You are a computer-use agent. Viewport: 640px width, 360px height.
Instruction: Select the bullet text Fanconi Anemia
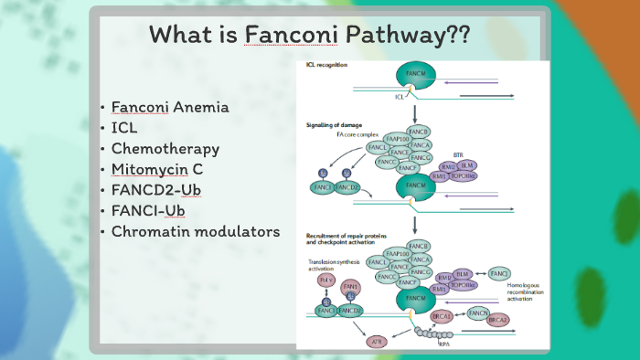tap(170, 107)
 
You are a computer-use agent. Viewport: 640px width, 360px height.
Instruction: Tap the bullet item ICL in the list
tap(124, 128)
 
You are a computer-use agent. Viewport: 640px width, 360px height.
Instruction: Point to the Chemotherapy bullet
tap(165, 148)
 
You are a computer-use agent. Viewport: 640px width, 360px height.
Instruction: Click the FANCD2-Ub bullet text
tap(156, 190)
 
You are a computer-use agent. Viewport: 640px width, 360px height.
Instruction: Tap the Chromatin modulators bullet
tap(196, 231)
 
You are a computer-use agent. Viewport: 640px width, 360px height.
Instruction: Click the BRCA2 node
tap(498, 321)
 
